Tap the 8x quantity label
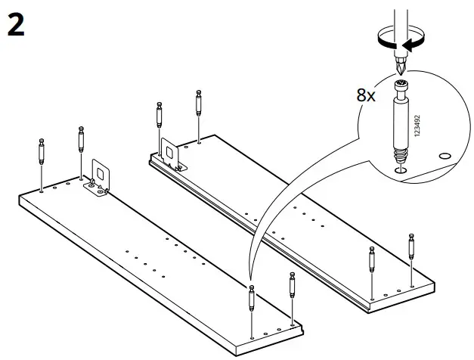(366, 97)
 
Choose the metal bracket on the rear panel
(171, 155)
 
